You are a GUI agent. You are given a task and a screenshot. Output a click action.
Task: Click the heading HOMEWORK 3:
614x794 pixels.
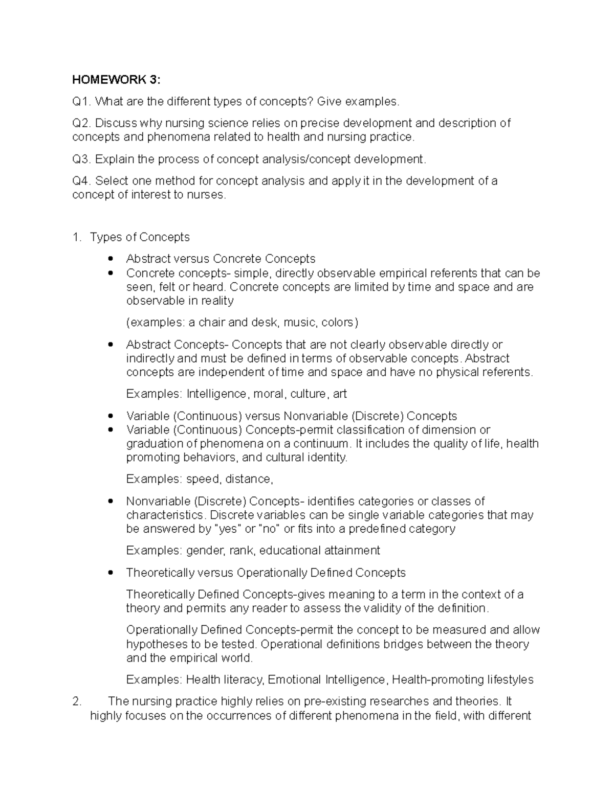point(116,80)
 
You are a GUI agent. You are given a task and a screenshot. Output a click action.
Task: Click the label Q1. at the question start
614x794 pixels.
point(81,102)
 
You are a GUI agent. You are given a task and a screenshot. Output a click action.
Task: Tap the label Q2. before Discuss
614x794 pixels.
point(81,123)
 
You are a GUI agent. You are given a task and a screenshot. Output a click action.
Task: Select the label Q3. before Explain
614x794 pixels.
point(81,160)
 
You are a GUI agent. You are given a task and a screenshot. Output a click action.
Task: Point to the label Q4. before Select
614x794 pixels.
point(81,181)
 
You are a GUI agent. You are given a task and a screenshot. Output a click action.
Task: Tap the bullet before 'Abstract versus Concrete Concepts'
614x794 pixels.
point(110,259)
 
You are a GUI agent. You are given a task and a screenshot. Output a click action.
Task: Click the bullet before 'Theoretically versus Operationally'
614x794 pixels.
point(110,573)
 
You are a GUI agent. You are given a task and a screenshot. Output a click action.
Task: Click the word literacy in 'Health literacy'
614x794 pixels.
point(244,680)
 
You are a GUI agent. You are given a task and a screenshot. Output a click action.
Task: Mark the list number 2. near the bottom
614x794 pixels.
point(77,701)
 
